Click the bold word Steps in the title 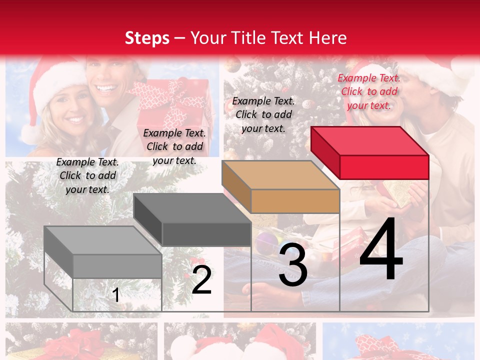147,38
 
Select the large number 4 381,249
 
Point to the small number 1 116,295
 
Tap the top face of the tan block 280,175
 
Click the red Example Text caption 369,91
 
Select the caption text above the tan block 264,114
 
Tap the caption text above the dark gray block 174,146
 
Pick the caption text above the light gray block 87,175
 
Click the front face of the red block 384,167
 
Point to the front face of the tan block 295,201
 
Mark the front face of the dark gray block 206,234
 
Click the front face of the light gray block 117,266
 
